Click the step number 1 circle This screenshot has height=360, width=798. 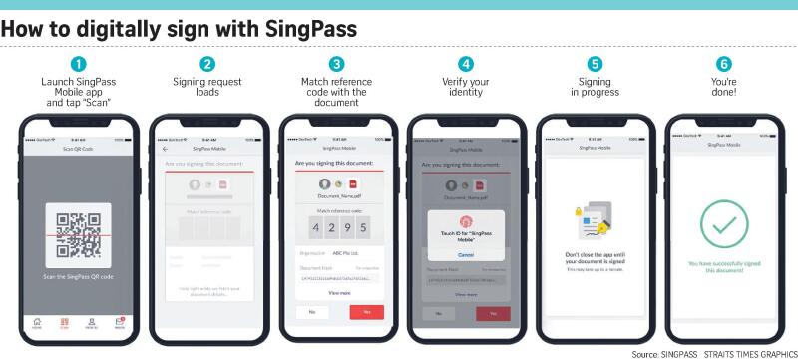click(79, 64)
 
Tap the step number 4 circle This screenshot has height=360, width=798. click(465, 64)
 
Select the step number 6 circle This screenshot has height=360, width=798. click(724, 64)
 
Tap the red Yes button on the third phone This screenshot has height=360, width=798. click(366, 312)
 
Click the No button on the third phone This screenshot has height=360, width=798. click(310, 312)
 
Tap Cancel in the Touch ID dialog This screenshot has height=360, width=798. click(465, 255)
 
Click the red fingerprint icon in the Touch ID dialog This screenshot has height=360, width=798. click(465, 220)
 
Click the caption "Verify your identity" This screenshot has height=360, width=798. click(465, 87)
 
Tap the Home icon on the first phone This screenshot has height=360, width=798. click(37, 322)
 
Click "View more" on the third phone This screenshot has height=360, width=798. click(338, 293)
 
